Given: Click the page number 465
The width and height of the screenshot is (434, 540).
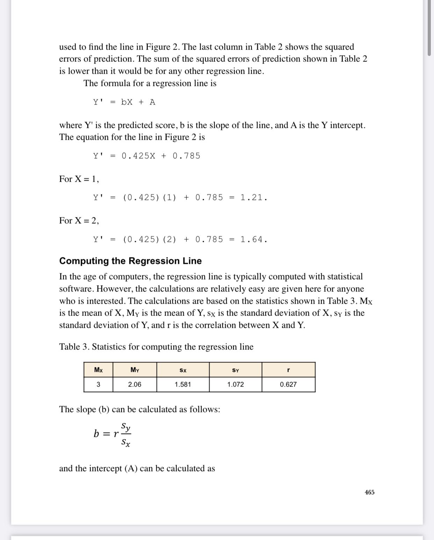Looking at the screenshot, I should (369, 492).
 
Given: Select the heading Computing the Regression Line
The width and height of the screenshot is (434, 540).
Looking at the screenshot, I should (130, 261).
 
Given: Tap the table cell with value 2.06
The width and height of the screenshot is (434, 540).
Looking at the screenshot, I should (135, 384).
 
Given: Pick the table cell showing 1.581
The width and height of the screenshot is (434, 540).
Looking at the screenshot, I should (183, 384).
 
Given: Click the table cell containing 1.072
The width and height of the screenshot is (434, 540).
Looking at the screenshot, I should (236, 384).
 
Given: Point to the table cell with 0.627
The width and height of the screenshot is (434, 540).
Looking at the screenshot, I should (288, 384).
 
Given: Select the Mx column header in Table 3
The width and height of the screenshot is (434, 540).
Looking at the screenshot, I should (98, 370).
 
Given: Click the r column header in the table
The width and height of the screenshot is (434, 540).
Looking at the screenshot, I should (288, 370).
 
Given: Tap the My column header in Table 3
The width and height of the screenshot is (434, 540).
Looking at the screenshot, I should (135, 370).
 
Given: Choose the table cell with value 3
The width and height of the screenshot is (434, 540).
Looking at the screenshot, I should (98, 384).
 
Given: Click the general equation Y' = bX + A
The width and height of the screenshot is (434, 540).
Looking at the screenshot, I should (124, 102).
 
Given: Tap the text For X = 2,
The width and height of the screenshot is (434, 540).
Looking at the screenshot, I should (79, 221).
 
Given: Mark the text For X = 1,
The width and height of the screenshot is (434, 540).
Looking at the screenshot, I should (79, 179).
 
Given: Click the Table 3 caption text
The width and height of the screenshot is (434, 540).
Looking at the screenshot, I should (156, 347).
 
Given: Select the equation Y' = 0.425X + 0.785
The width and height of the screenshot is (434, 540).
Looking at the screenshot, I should (146, 156).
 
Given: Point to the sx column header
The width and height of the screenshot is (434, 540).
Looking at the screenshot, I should (183, 370).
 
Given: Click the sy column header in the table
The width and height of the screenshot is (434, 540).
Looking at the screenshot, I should (236, 370).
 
